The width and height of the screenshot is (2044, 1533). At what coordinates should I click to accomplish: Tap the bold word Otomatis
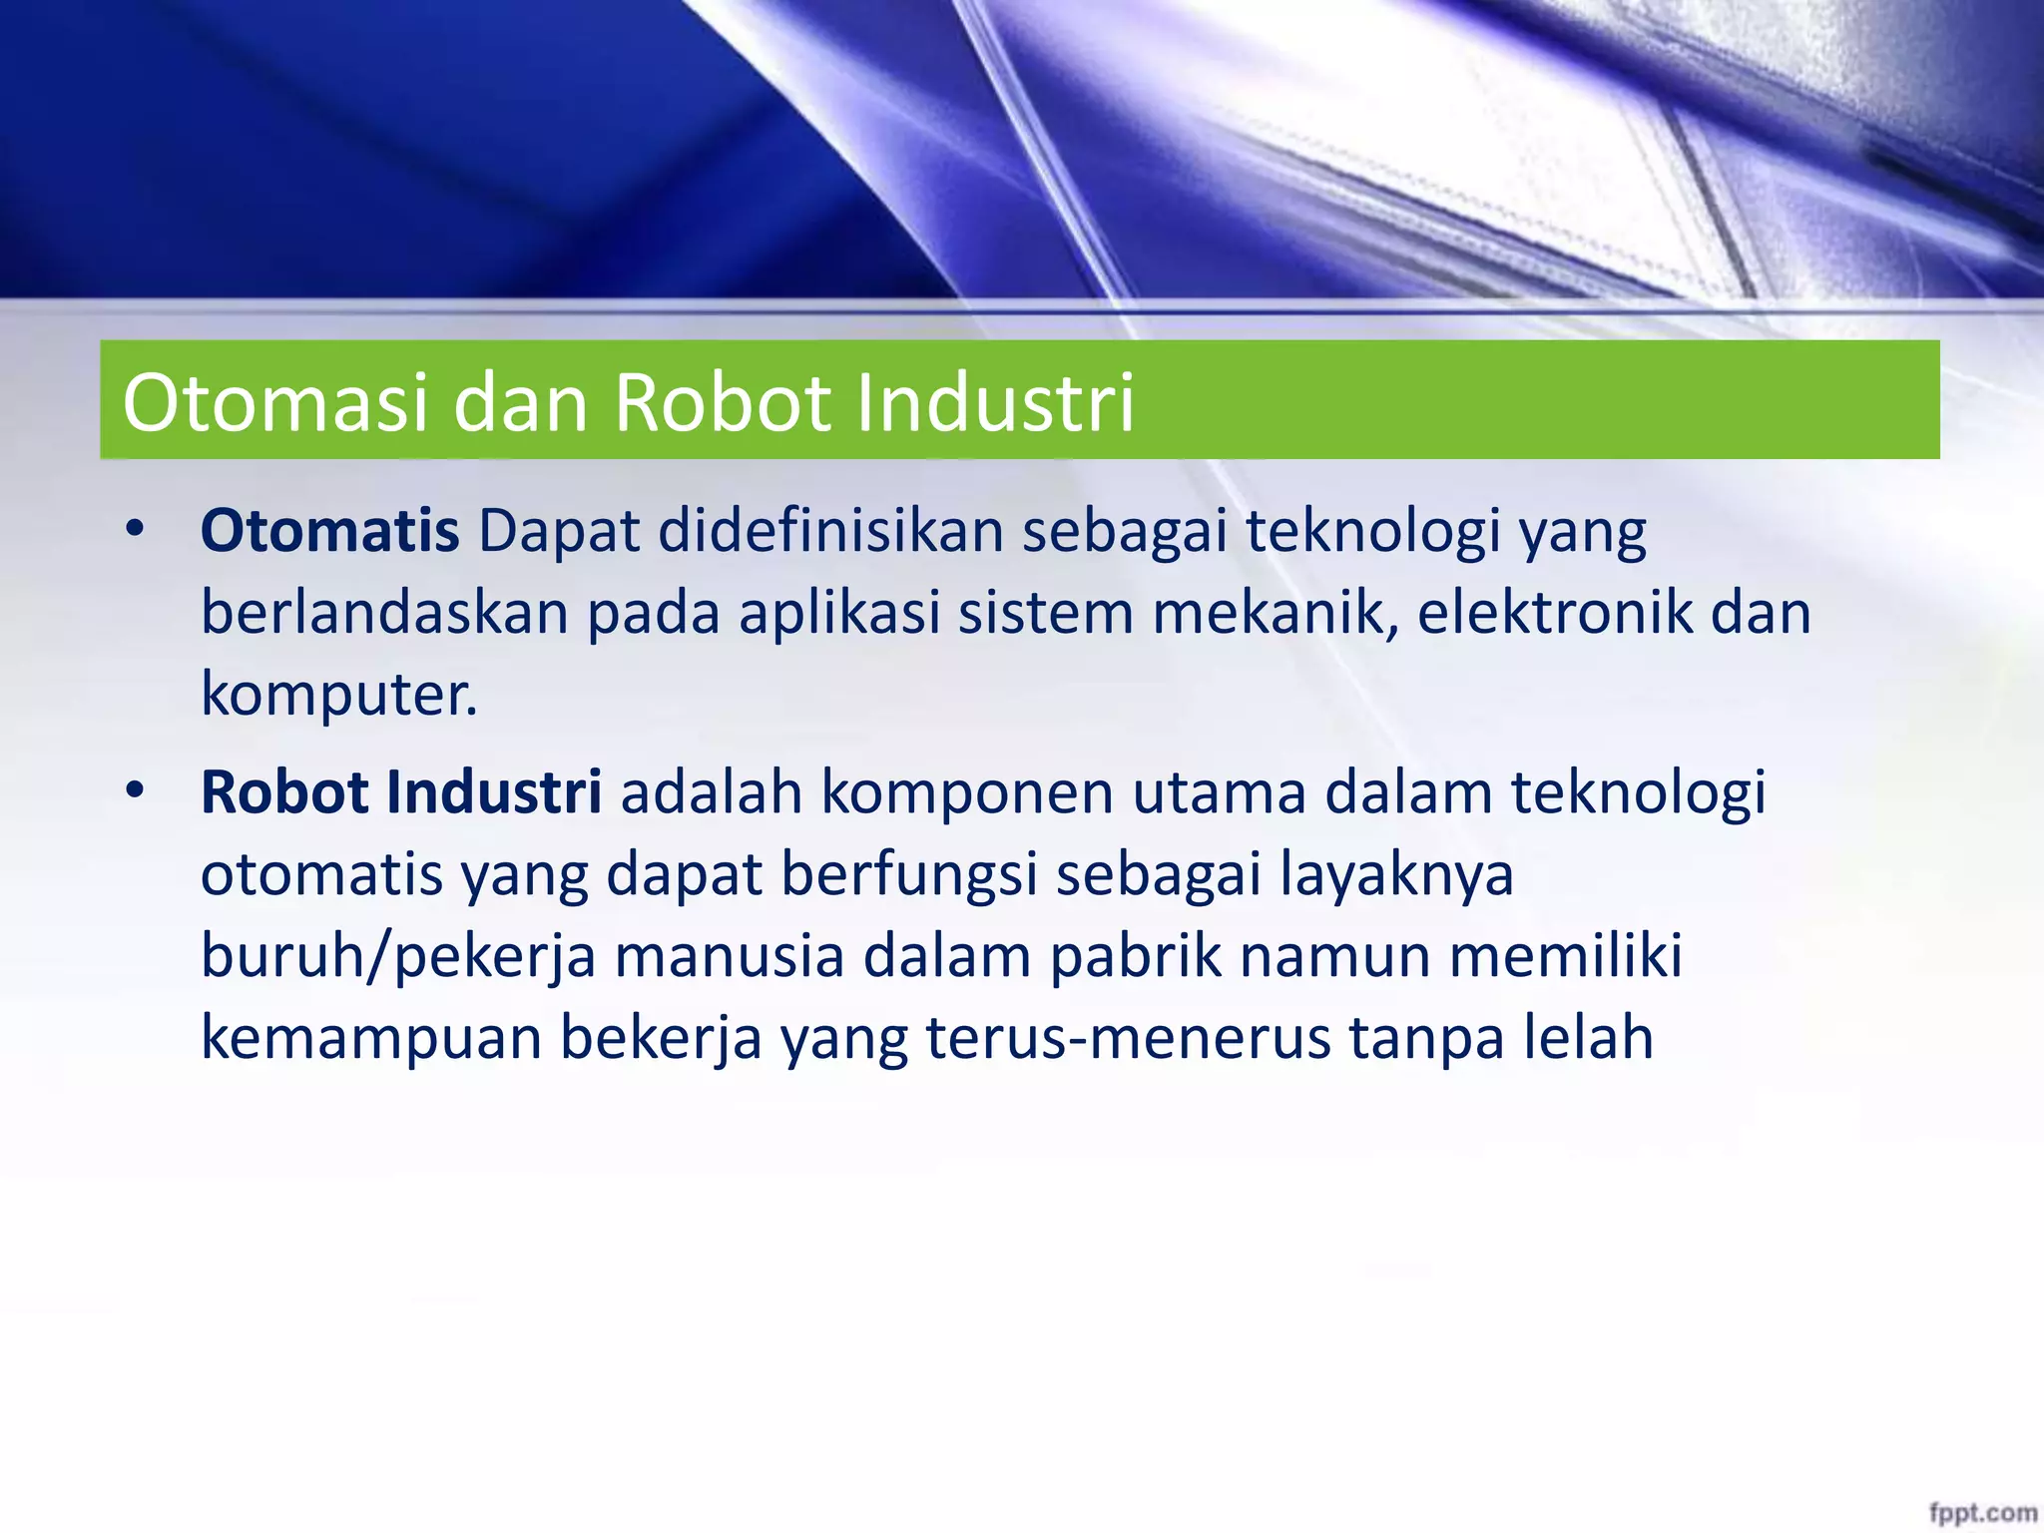pyautogui.click(x=329, y=531)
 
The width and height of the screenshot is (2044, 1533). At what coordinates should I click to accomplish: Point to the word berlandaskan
pyautogui.click(x=384, y=612)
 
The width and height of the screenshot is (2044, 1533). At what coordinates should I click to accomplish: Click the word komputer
pyautogui.click(x=338, y=694)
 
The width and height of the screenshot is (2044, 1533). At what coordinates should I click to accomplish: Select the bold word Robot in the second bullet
pyautogui.click(x=284, y=792)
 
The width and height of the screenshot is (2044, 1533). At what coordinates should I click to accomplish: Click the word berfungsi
pyautogui.click(x=909, y=874)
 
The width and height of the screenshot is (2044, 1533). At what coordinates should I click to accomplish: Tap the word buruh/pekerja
pyautogui.click(x=398, y=956)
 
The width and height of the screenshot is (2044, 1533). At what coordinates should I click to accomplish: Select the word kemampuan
pyautogui.click(x=370, y=1038)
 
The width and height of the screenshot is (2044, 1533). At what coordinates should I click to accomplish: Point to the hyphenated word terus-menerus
pyautogui.click(x=1128, y=1038)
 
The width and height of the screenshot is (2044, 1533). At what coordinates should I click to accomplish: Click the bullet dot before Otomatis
pyautogui.click(x=136, y=529)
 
